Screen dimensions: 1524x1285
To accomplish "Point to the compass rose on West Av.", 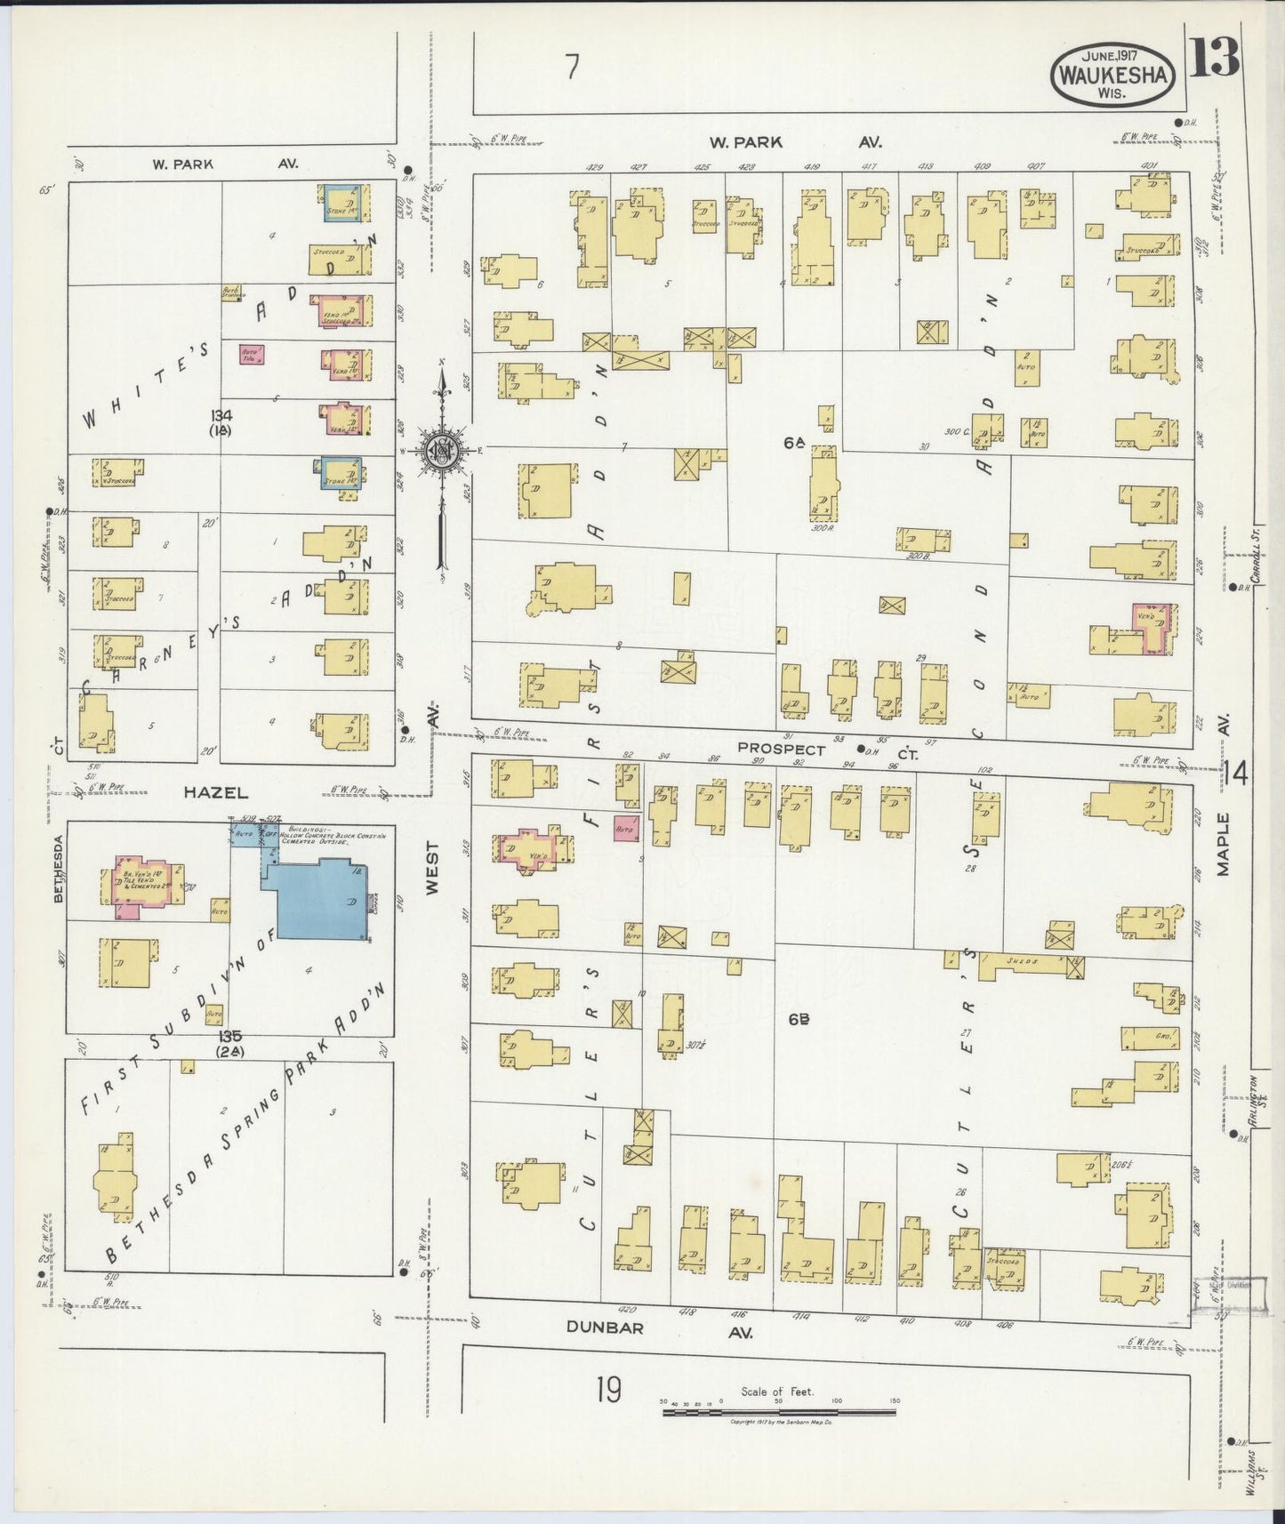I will pos(442,449).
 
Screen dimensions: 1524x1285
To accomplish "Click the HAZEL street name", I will pos(216,791).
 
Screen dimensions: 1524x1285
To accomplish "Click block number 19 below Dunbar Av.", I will pos(609,1388).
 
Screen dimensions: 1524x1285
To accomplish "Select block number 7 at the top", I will pos(573,67).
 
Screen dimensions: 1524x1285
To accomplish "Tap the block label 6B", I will pos(798,1020).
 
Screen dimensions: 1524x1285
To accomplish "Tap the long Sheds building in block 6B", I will pos(1023,965).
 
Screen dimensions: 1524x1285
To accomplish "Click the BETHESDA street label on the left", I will pos(59,868).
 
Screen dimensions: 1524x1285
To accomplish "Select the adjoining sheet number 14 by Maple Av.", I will pos(1237,773).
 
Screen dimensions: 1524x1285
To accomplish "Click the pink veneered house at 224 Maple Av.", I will pos(1153,628).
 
